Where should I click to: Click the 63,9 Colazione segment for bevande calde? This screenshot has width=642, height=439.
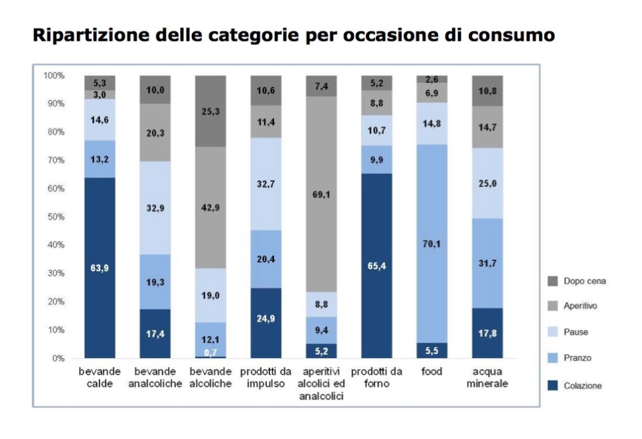click(x=100, y=268)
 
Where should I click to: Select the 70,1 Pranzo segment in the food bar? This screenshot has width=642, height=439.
click(x=432, y=244)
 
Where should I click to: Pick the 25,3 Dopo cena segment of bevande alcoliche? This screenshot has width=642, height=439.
click(x=211, y=111)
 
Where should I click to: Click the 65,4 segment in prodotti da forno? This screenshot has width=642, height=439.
click(x=377, y=266)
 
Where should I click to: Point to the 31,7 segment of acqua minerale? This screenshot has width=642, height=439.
click(x=488, y=263)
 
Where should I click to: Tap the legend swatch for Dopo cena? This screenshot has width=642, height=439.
click(x=552, y=281)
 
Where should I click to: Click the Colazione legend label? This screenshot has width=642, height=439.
click(x=582, y=385)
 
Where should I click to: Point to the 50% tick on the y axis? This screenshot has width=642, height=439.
click(x=54, y=217)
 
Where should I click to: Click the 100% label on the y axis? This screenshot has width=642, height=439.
click(x=53, y=76)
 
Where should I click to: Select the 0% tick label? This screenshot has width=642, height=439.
click(x=58, y=358)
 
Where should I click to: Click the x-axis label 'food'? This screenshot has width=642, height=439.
click(x=432, y=371)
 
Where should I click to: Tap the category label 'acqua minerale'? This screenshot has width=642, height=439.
click(x=488, y=377)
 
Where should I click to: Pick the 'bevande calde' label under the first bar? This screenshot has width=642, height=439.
click(x=100, y=377)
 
